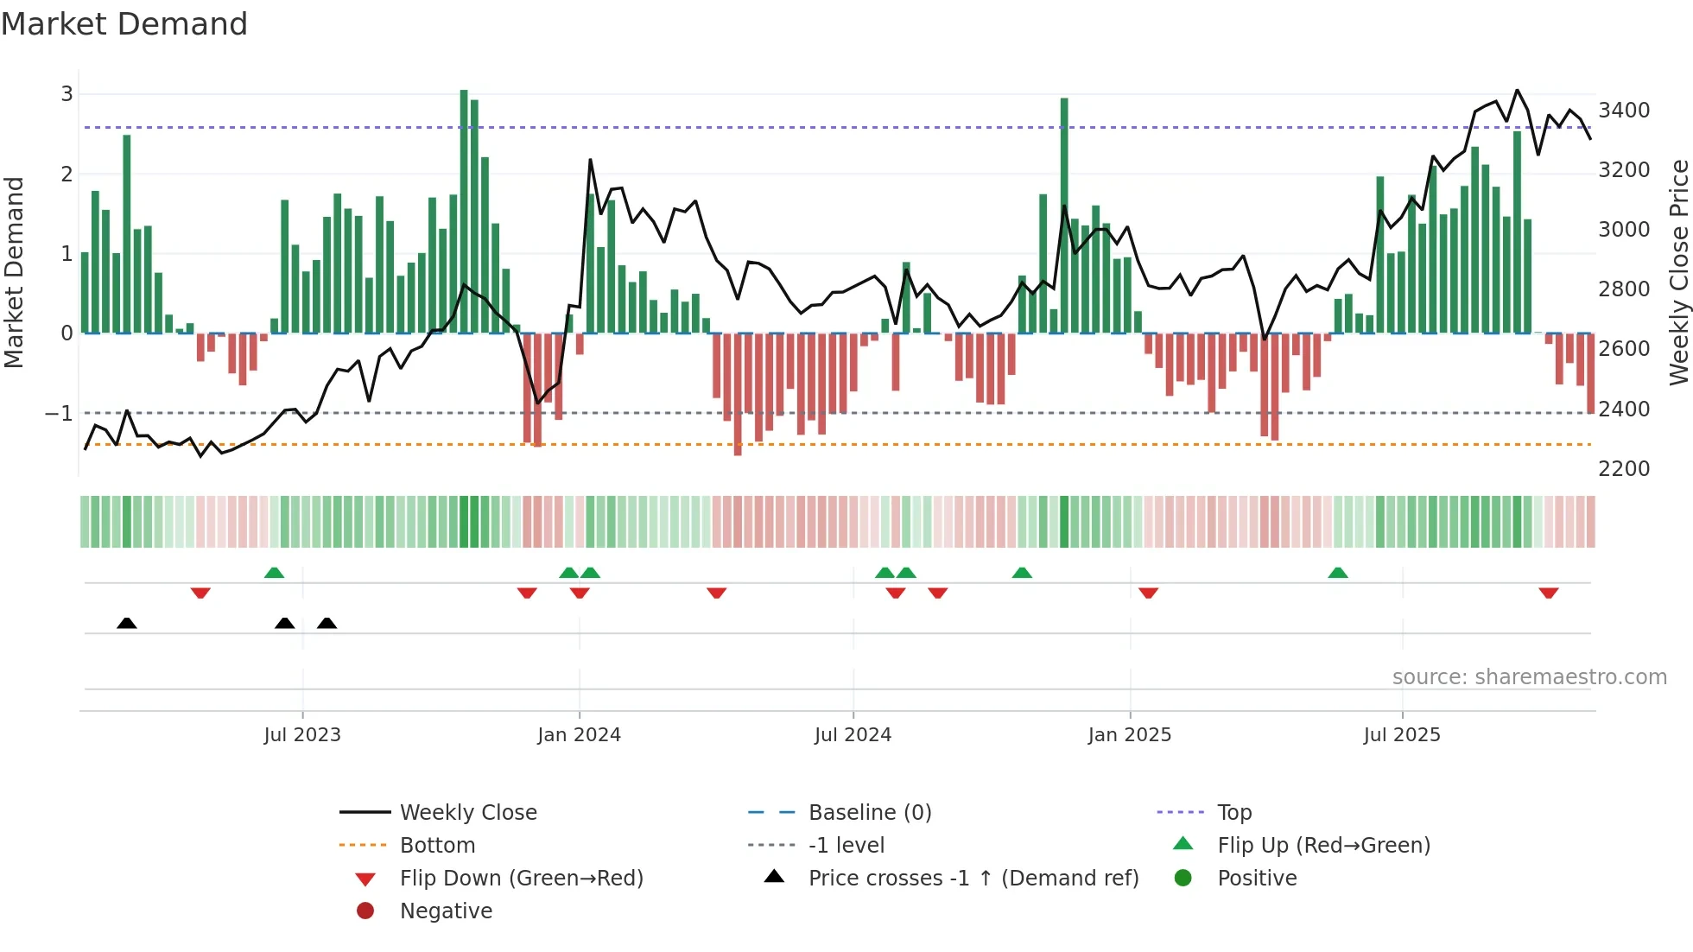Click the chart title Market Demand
coord(124,24)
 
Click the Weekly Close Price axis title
coord(1678,272)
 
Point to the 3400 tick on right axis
coord(1624,111)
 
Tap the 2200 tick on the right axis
coord(1624,469)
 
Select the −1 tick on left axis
coord(59,414)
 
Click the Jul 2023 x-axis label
coord(302,735)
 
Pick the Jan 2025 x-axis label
coord(1129,735)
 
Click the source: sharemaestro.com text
coord(1529,677)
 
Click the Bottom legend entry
coord(437,846)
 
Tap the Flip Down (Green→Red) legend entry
coord(521,879)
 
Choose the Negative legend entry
coord(446,911)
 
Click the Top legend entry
coord(1233,813)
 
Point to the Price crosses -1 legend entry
coord(973,879)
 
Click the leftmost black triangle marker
coord(127,623)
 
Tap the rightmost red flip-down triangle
coord(1548,593)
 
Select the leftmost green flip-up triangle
coord(274,573)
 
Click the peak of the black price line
coord(1517,90)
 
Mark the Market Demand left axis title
coord(14,272)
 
